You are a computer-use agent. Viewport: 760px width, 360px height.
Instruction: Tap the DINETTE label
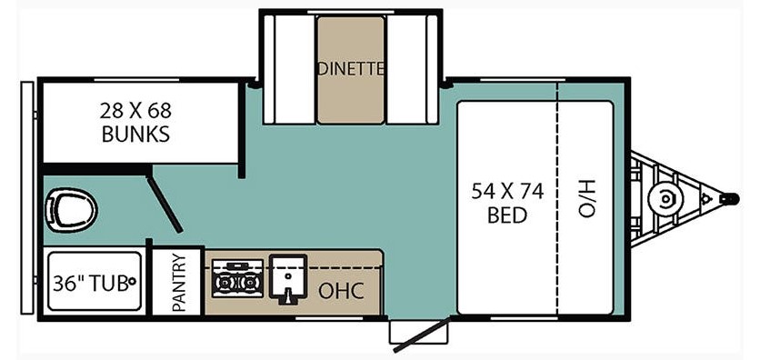click(351, 69)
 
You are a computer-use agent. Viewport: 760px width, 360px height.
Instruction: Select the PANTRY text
click(178, 283)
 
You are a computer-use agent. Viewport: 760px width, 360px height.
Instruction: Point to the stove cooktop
click(237, 278)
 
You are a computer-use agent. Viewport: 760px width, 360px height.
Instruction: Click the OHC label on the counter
click(341, 291)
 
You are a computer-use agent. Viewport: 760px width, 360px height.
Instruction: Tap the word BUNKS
click(135, 134)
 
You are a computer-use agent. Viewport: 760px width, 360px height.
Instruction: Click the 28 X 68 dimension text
click(135, 112)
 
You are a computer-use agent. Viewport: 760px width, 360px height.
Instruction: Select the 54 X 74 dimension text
click(507, 193)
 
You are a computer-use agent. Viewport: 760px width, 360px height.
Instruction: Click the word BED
click(507, 215)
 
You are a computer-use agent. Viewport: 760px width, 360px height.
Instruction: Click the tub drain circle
click(131, 281)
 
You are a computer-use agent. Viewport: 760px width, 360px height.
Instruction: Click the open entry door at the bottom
click(422, 335)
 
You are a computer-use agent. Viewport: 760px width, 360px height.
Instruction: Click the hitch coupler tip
click(730, 198)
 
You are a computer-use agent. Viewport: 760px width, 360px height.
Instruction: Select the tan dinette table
click(351, 69)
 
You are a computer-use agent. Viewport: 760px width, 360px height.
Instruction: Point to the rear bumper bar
click(27, 198)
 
